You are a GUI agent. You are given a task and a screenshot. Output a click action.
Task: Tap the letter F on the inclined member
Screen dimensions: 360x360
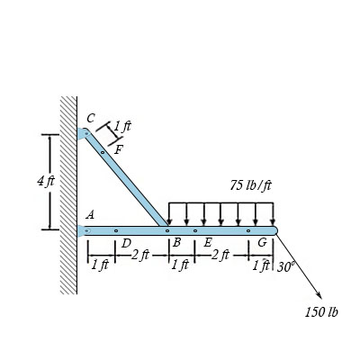[x=119, y=149]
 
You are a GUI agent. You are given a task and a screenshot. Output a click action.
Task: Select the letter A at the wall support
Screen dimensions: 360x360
[x=90, y=214]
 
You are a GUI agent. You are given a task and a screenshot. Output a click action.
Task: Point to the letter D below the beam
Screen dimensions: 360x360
[x=127, y=243]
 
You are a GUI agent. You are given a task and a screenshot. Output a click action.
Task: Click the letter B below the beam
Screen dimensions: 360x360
[x=177, y=242]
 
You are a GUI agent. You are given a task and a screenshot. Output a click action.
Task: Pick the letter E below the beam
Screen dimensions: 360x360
[x=208, y=242]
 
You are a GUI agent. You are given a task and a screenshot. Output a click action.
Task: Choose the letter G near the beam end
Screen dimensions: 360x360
[x=263, y=243]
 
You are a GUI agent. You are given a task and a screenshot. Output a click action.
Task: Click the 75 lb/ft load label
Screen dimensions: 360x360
[x=251, y=185]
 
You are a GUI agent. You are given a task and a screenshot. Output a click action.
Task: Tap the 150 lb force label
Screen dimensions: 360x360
[x=321, y=312]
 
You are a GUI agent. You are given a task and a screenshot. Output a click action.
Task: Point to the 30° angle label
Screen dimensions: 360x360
[x=284, y=266]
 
